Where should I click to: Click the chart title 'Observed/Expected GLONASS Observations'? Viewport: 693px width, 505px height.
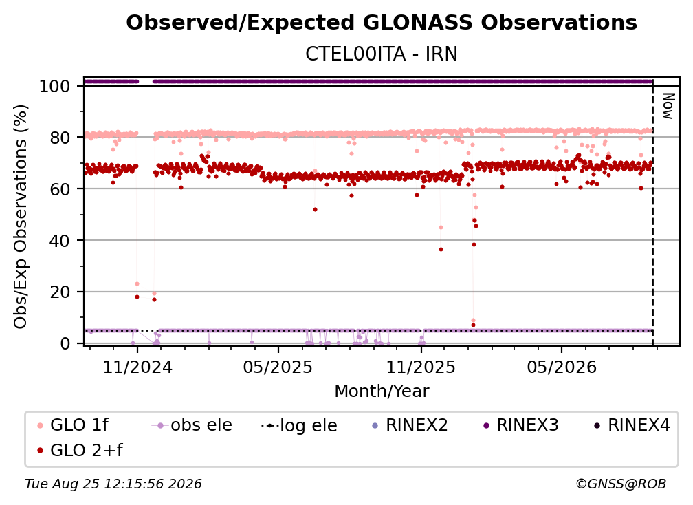click(x=382, y=23)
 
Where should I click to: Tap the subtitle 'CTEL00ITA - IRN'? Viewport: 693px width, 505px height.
click(x=382, y=54)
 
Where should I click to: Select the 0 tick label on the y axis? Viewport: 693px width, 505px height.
click(x=65, y=343)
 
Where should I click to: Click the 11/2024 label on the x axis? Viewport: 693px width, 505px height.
click(x=137, y=367)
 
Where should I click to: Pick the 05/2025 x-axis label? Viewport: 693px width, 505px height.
click(x=278, y=367)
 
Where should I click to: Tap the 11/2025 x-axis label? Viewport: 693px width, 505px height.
click(x=421, y=367)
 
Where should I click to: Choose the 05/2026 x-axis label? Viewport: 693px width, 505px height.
click(x=562, y=367)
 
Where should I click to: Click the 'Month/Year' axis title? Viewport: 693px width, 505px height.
click(x=382, y=391)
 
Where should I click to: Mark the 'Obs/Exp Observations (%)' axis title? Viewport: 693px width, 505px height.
click(x=21, y=217)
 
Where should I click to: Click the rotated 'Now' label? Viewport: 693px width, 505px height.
click(x=668, y=106)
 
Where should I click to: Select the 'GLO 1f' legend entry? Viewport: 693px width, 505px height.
click(x=73, y=425)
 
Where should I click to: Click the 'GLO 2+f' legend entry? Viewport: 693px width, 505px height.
click(x=80, y=450)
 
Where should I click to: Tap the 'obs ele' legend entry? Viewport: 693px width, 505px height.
click(x=192, y=425)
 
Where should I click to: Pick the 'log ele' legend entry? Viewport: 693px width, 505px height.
click(x=299, y=425)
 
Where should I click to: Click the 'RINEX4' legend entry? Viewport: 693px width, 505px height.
click(x=632, y=425)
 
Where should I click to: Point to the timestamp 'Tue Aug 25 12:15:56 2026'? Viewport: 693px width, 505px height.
click(x=113, y=484)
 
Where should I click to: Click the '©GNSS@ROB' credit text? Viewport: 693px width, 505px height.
click(x=621, y=484)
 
